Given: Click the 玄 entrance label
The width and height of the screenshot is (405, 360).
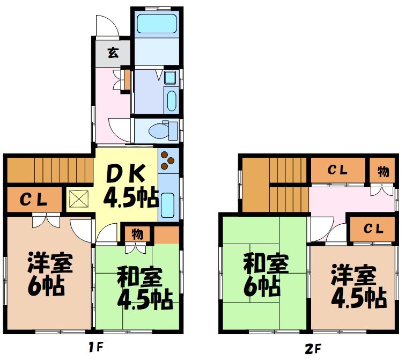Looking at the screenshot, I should tap(113, 53).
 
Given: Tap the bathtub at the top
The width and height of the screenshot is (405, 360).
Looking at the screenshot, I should tap(157, 24).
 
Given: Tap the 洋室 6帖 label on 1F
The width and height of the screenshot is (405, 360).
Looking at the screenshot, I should tap(50, 274).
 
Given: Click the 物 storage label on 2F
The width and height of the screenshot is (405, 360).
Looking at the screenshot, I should tap(382, 172).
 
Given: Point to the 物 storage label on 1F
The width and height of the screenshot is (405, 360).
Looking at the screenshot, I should tap(137, 234).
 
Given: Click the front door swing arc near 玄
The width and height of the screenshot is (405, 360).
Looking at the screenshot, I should tap(105, 25).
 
